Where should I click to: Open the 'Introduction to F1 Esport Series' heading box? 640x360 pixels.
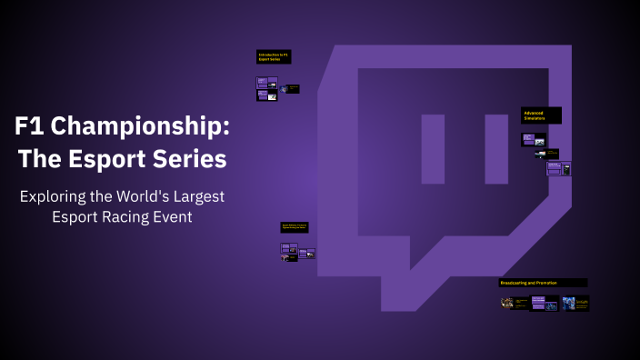(273, 56)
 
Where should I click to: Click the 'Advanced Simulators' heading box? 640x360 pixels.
(541, 115)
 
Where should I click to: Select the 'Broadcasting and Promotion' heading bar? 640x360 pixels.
(543, 283)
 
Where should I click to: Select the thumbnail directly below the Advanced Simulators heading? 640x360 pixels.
(534, 139)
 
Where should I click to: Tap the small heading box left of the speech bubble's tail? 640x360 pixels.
(294, 227)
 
